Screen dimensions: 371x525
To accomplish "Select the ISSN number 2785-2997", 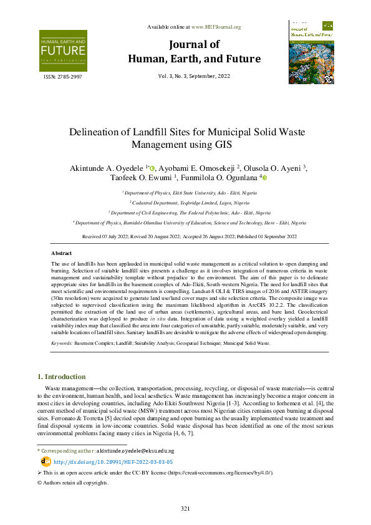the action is tap(62, 77).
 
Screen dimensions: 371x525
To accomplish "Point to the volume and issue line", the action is tap(194, 76).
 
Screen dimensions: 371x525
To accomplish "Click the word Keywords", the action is tap(62, 343).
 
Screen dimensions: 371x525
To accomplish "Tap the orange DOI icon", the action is tap(46, 461).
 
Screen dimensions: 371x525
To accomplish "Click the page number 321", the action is tap(185, 509).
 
